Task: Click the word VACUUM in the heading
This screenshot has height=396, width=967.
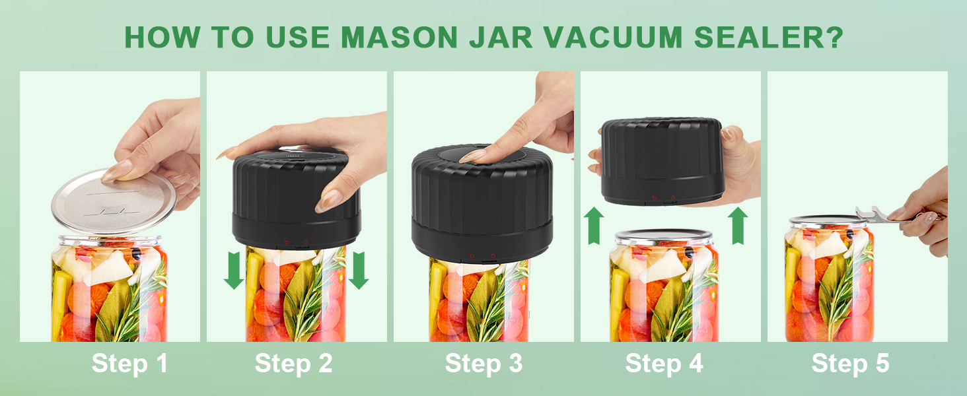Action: [618, 38]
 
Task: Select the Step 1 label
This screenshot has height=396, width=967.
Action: [129, 364]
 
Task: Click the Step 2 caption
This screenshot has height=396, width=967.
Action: [293, 364]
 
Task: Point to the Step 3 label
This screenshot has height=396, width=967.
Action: [484, 364]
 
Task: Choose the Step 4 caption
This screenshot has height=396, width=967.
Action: [664, 364]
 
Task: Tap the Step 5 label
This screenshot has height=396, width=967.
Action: [850, 364]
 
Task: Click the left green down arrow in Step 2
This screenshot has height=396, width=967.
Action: [234, 271]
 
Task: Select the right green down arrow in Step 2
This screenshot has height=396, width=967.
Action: [358, 271]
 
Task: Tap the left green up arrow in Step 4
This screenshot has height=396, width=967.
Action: [594, 225]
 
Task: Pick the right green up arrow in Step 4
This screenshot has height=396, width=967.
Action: [738, 225]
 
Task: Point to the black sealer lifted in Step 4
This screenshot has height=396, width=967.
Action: [664, 162]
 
